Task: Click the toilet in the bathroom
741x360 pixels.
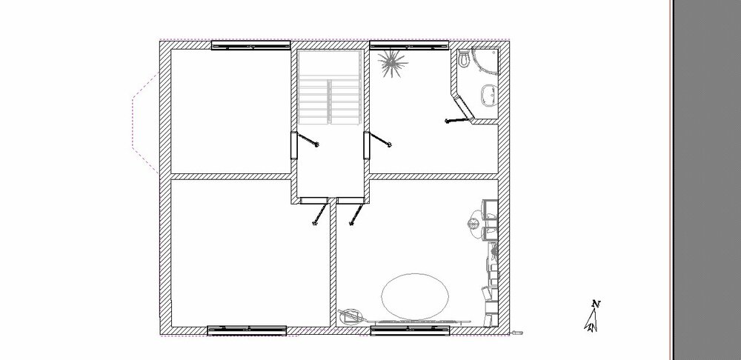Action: click(x=464, y=58)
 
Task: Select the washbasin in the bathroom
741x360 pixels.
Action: click(x=488, y=95)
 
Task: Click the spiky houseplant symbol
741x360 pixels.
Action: click(x=392, y=63)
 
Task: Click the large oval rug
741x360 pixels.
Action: click(x=414, y=296)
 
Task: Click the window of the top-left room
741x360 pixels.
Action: click(x=250, y=45)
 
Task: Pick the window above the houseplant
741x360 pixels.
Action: click(x=409, y=45)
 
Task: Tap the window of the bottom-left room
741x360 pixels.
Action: click(x=247, y=330)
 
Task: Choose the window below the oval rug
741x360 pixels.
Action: click(x=411, y=330)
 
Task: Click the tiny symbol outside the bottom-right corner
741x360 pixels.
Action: click(x=518, y=333)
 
